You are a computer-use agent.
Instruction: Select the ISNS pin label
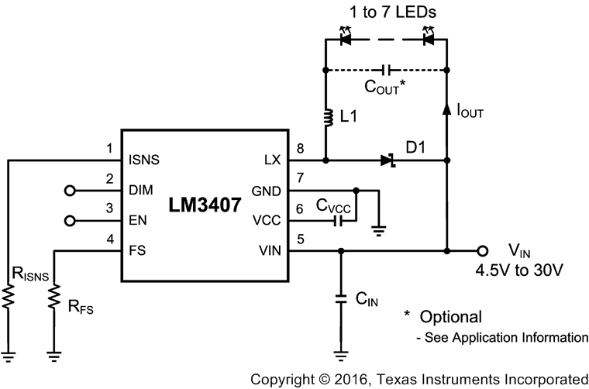coord(144,161)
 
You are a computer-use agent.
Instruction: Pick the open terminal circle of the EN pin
coord(71,221)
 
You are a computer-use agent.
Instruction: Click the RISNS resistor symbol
coord(9,298)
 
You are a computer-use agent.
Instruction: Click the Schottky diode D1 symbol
coord(387,161)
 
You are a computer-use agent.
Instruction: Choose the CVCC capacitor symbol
coord(338,221)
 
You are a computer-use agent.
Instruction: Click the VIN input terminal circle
coord(483,251)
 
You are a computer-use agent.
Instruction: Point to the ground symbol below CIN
coord(340,356)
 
